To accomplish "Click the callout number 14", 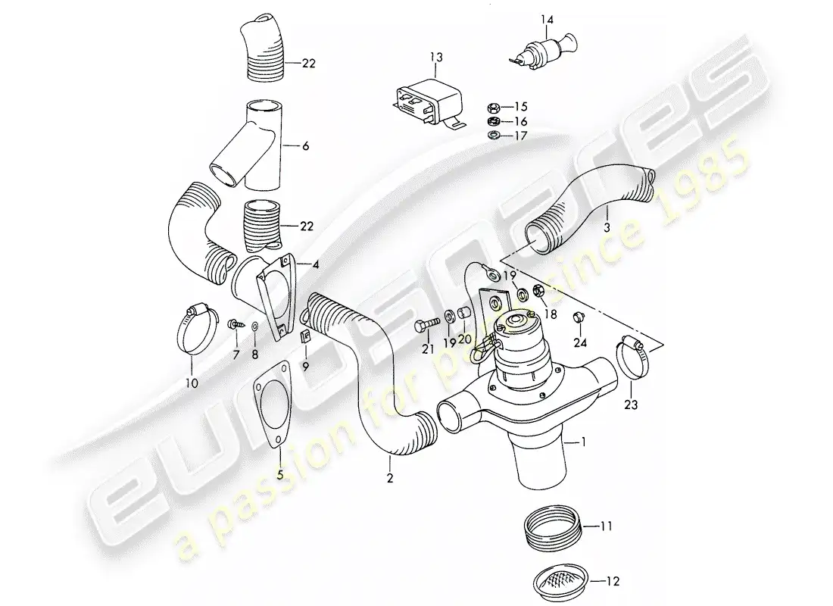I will click(x=548, y=18).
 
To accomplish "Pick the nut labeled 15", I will click(x=492, y=108).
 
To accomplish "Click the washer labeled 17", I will click(x=492, y=136).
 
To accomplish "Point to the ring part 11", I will click(x=554, y=524).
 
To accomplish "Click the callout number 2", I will click(x=390, y=479).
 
